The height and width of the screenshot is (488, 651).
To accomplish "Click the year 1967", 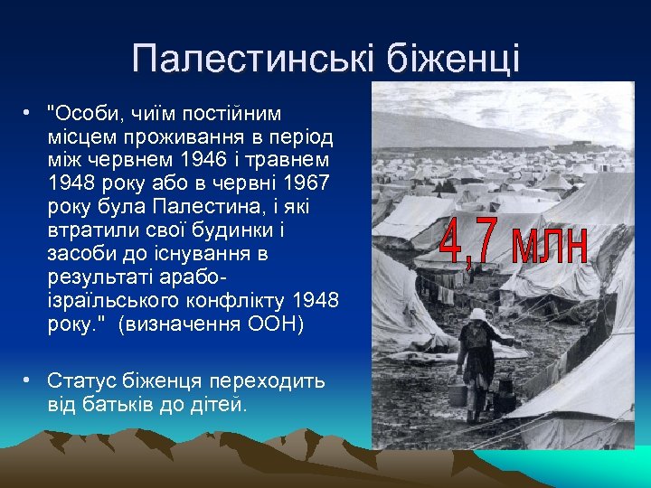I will tap(306, 183).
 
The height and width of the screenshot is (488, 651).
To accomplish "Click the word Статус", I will tap(81, 380).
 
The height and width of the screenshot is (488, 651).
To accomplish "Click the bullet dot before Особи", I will tap(29, 113).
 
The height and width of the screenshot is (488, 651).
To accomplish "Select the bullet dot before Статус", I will tap(29, 380).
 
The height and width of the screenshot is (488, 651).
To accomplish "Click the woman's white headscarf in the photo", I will tap(476, 315).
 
